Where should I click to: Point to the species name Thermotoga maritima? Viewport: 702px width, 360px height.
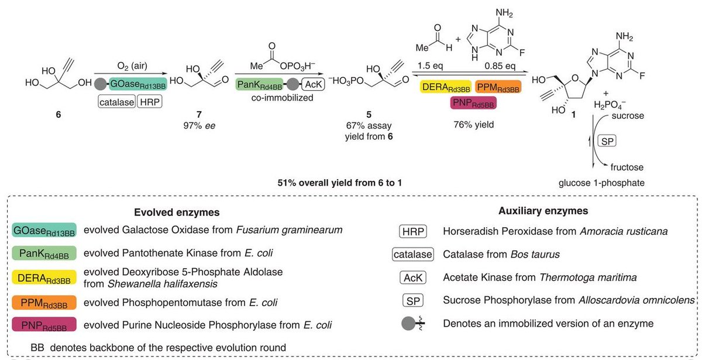(x=606, y=277)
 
